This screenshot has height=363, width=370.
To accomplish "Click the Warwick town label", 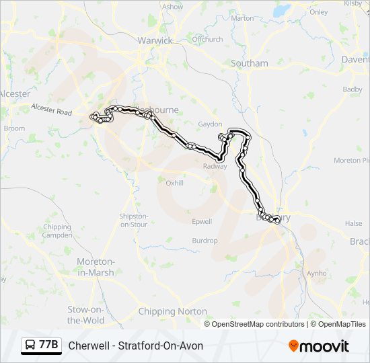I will pos(155,40).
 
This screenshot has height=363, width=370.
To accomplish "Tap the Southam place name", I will pos(249,63).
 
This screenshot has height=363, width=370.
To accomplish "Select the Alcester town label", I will pos(15,94).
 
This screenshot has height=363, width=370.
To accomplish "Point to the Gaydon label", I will pos(209,124).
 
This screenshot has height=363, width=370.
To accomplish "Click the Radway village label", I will pos(215,166).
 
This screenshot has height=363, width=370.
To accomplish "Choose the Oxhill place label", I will pos(174,182).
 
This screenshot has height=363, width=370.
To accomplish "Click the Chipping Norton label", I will pos(172,311).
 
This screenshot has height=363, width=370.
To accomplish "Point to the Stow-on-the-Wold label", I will pos(86,315).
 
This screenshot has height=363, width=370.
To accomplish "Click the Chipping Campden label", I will pos(57,231).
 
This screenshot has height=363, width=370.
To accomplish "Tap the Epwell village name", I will pos(202,221).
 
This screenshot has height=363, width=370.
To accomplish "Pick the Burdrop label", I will pos(205,241).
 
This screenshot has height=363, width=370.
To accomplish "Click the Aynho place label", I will pos(316,273).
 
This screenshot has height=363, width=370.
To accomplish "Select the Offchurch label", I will pos(207,39).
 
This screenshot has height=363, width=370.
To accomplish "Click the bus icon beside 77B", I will pos(30,346).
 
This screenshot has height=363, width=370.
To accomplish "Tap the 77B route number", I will pos(48,346).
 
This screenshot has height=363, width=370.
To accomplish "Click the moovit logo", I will pos(319,346).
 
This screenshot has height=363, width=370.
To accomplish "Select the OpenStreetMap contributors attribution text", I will pos(254,324).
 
